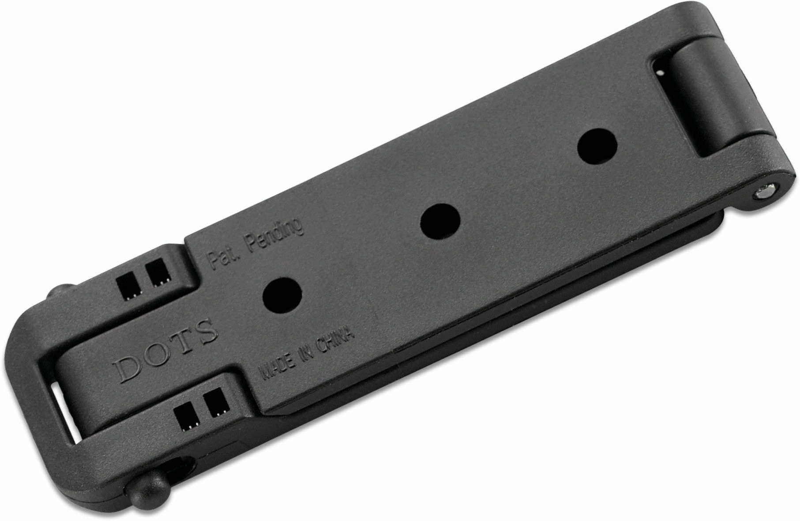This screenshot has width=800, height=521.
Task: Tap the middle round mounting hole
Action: click(x=440, y=222)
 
